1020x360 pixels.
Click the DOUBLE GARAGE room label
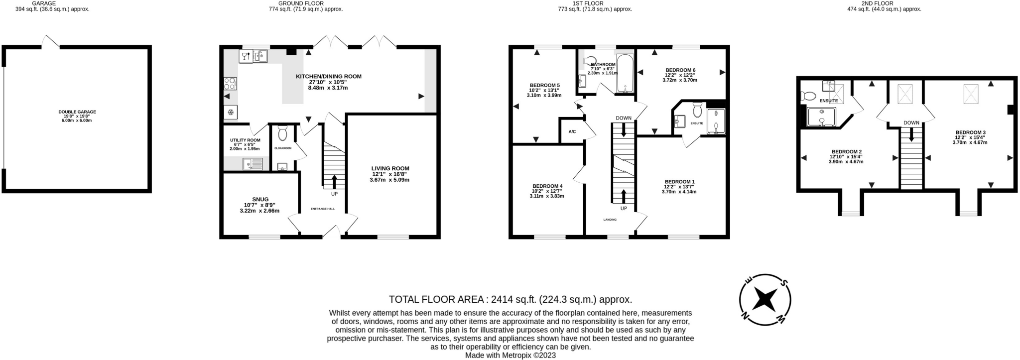tap(77, 112)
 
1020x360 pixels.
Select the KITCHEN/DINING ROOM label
tap(329, 77)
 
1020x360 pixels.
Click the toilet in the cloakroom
tap(283, 133)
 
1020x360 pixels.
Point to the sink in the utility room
tap(253, 164)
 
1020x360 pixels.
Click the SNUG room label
tap(260, 199)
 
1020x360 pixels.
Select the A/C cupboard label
tap(572, 131)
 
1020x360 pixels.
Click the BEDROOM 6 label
tap(680, 70)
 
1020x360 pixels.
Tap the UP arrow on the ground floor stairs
tap(334, 182)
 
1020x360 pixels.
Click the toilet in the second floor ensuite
tap(807, 96)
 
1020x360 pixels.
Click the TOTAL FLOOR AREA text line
tap(510, 299)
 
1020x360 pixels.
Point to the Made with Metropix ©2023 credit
tap(510, 356)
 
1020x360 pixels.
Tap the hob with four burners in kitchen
tap(231, 83)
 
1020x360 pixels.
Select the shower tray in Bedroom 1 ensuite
tap(716, 122)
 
